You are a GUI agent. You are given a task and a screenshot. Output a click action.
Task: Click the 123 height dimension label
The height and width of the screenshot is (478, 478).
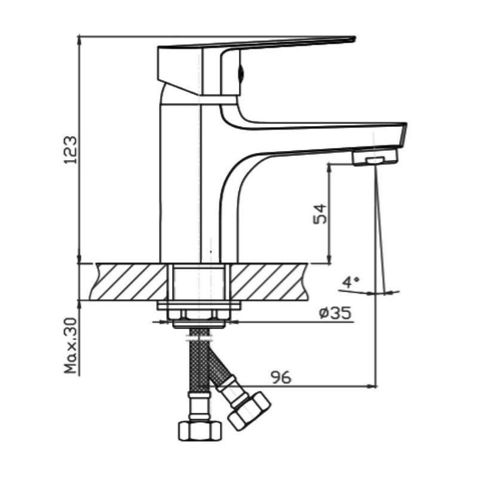[x=70, y=150]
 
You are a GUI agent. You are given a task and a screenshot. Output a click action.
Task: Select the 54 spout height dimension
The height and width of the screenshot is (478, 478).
[x=320, y=215]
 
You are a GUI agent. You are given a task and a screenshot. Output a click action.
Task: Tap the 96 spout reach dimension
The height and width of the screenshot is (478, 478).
[x=281, y=378]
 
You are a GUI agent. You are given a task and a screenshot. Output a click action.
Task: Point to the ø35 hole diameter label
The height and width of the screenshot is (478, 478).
[x=335, y=313]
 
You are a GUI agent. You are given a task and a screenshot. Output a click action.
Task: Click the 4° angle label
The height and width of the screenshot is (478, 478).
[x=351, y=282]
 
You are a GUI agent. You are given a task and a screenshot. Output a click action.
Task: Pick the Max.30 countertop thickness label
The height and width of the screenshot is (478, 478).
[x=71, y=346]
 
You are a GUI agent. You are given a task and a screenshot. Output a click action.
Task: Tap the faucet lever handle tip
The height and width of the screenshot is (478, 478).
[x=354, y=38]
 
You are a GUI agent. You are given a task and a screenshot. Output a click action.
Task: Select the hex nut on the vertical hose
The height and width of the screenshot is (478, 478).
[x=200, y=431]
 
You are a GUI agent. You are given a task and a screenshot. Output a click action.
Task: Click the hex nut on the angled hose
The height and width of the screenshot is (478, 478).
[x=249, y=411]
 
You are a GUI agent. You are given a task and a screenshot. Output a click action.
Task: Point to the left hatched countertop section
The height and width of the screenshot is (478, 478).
[x=128, y=282]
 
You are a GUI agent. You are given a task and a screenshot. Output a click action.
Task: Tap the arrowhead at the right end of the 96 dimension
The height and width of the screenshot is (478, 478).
[x=373, y=386]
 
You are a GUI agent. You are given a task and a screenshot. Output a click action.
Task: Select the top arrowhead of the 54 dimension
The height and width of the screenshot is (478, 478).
[x=329, y=168]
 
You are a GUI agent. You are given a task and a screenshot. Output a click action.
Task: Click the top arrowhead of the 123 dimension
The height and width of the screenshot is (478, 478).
[x=79, y=39]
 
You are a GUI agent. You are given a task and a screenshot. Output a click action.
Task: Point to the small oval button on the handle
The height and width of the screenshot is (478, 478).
[x=241, y=73]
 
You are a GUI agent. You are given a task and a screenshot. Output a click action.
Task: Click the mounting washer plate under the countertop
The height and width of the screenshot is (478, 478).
[x=199, y=305]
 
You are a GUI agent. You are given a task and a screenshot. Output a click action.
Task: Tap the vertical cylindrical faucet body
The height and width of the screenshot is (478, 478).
[x=180, y=183]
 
